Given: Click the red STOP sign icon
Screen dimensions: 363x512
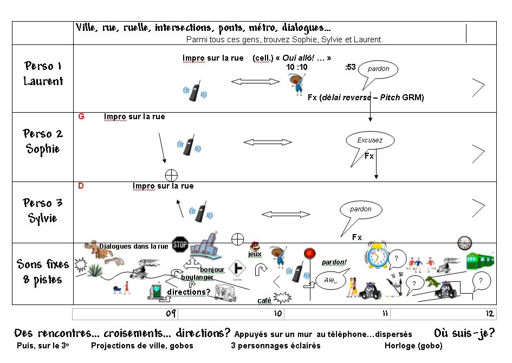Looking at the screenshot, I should (180, 245).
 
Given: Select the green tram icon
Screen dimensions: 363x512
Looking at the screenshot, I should (479, 261).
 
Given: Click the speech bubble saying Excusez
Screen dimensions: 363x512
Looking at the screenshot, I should (370, 141).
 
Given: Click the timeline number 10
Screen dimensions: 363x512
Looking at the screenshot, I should (277, 314).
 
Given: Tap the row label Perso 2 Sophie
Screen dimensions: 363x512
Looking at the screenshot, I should (43, 141).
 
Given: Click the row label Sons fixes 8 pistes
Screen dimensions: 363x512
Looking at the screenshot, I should (43, 272).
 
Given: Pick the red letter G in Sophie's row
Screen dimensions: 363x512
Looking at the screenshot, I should (81, 116).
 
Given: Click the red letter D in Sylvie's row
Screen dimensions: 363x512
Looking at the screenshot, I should (81, 186).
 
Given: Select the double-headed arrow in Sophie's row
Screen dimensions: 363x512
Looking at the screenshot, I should (268, 142).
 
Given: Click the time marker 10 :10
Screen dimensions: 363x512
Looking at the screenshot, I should (297, 67).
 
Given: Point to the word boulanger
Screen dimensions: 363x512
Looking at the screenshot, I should (197, 277).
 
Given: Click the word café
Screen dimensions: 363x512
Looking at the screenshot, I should (264, 301).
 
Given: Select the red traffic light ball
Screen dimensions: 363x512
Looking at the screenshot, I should (309, 253).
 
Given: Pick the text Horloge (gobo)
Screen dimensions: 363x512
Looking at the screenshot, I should (413, 346).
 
